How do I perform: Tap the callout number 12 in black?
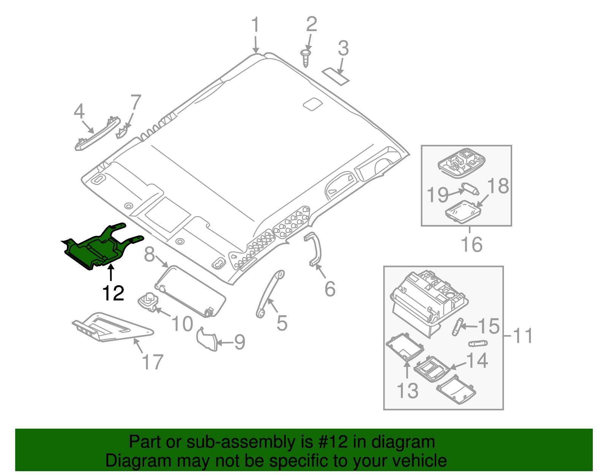113,293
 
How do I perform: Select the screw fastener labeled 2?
306,57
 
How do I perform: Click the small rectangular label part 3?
336,76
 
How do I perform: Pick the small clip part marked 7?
121,133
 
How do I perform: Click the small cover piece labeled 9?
207,339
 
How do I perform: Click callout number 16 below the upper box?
471,245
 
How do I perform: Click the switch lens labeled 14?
431,369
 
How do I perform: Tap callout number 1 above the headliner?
255,25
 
